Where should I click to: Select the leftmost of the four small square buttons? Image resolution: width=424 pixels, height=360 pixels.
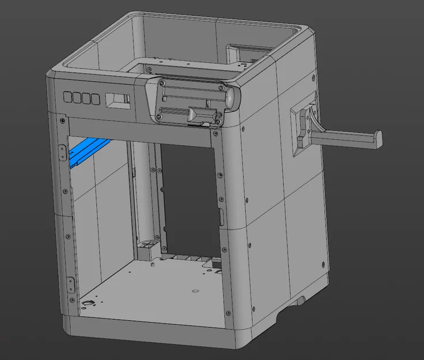[67, 97]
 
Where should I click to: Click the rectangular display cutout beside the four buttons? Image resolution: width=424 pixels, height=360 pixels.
[118, 99]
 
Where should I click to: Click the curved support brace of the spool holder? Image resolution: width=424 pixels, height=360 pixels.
[315, 119]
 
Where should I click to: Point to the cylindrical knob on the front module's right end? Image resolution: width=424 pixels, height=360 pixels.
[233, 97]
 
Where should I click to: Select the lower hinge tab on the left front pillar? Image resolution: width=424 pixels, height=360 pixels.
[70, 283]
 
